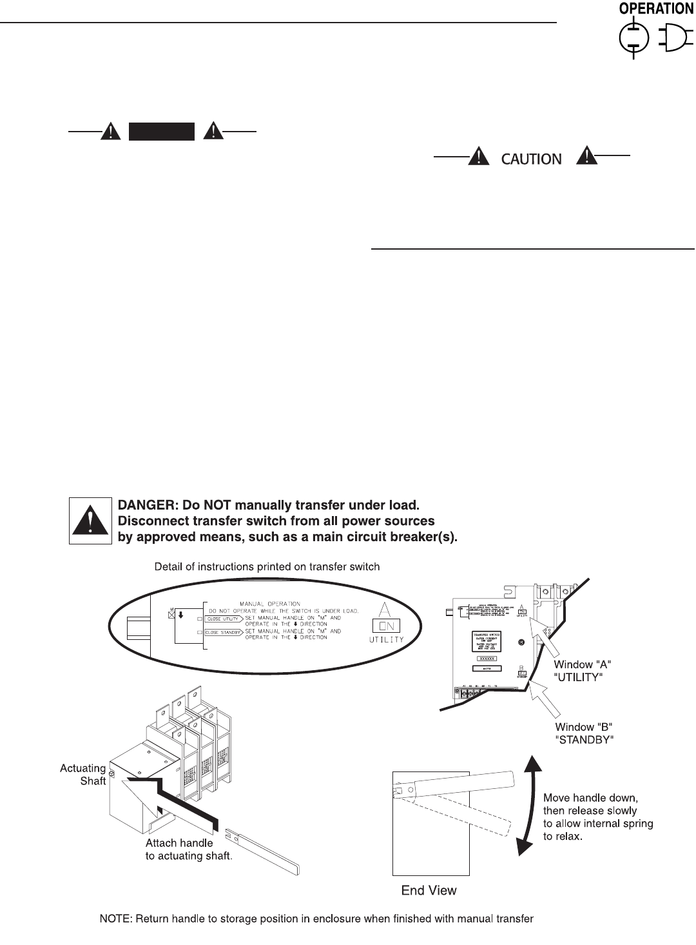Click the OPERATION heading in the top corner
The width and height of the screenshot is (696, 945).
tap(656, 9)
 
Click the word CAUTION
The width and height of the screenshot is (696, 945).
tap(531, 159)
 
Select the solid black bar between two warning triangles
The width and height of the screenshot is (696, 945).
tap(162, 132)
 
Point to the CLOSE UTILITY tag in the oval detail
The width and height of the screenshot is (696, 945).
tap(222, 618)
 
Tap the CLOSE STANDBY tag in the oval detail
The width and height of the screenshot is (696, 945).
tap(224, 632)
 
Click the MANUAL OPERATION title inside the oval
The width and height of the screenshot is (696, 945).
tap(271, 604)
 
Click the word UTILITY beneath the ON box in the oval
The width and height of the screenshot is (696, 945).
tap(387, 639)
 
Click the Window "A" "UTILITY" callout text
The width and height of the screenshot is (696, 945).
tap(579, 671)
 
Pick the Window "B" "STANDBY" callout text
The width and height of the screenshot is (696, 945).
tap(585, 734)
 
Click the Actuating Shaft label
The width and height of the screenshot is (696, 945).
tap(83, 774)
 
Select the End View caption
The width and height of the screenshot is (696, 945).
tap(429, 891)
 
